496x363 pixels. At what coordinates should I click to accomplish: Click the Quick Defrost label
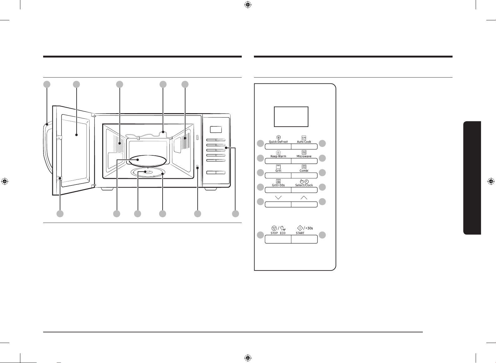tap(278, 142)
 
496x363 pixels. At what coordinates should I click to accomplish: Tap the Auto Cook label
tap(304, 142)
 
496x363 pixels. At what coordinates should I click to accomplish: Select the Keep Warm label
tap(278, 156)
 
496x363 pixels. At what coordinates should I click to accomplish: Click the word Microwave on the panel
tap(304, 156)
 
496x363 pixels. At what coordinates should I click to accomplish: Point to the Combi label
tap(304, 171)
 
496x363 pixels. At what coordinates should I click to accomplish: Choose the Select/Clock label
tap(304, 185)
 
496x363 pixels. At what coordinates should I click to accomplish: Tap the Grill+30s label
tap(278, 185)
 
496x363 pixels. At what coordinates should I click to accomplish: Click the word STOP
tap(274, 233)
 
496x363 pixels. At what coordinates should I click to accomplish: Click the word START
tap(300, 233)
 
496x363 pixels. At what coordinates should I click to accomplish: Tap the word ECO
tap(283, 233)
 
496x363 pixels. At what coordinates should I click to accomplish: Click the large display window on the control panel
tap(291, 117)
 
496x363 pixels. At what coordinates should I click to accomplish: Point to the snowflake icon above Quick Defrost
tap(279, 138)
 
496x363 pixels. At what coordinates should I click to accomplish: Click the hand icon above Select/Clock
tap(301, 181)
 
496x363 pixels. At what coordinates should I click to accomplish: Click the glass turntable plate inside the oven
tap(148, 160)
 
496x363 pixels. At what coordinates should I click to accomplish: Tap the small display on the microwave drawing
tap(216, 129)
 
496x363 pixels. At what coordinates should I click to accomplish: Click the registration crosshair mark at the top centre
tap(248, 5)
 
